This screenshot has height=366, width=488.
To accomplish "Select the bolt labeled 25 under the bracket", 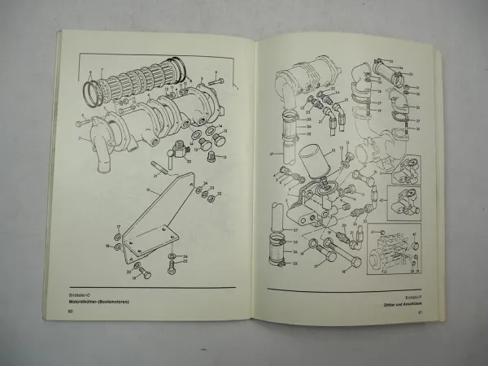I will click(x=171, y=267).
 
